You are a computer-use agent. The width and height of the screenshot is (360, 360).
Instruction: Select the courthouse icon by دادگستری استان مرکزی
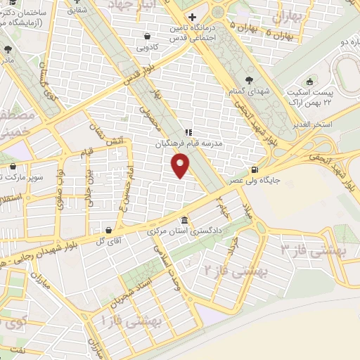tap(184, 219)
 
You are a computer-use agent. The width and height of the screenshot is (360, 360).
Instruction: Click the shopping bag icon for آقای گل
tap(108, 229)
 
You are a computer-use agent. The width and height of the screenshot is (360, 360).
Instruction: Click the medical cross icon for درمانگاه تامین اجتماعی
tap(191, 15)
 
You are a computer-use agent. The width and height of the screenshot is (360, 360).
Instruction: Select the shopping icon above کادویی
tap(146, 36)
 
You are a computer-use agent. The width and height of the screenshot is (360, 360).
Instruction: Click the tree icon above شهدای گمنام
tap(251, 79)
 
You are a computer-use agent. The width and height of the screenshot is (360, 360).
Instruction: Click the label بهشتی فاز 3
tap(310, 245)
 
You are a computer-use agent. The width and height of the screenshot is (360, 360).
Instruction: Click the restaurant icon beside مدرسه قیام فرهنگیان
tap(188, 131)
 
